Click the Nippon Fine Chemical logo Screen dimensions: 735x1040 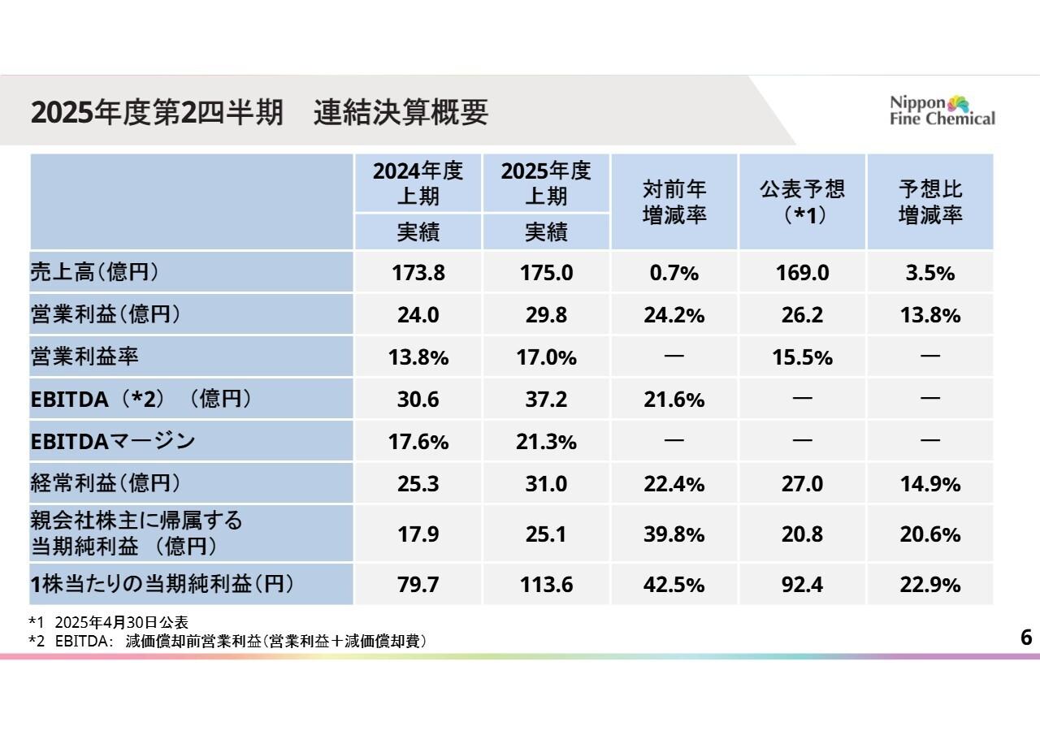[942, 110]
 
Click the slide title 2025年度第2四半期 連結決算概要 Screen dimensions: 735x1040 [259, 113]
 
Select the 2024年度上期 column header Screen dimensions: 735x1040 [418, 184]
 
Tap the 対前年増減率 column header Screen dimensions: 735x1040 [674, 201]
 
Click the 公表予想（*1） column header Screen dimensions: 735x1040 [802, 201]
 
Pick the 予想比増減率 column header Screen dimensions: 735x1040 [930, 201]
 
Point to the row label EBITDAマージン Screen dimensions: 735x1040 [113, 441]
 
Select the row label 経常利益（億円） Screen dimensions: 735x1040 [105, 483]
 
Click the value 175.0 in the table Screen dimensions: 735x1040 [546, 273]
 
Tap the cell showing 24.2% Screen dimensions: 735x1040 [674, 315]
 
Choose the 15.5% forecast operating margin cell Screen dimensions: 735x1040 [802, 357]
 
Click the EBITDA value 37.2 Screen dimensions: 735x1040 [546, 400]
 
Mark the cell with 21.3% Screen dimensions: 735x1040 [546, 442]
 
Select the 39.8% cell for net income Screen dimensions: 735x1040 [674, 534]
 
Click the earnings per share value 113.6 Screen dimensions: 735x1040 [546, 585]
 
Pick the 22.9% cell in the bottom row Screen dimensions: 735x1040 [930, 585]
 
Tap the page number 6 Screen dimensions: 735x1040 [1025, 638]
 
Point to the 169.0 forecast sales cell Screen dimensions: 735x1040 [802, 273]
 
